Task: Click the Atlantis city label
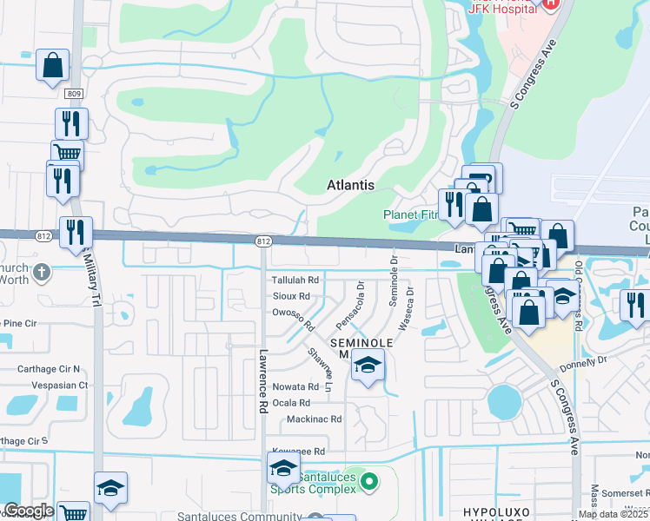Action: (350, 185)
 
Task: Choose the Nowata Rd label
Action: (295, 386)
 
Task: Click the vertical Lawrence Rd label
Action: (262, 381)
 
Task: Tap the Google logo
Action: (29, 511)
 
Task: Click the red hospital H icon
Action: (549, 4)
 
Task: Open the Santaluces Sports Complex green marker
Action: (369, 480)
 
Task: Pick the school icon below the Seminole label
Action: (368, 366)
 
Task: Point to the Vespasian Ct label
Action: (59, 385)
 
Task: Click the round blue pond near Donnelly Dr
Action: (503, 402)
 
